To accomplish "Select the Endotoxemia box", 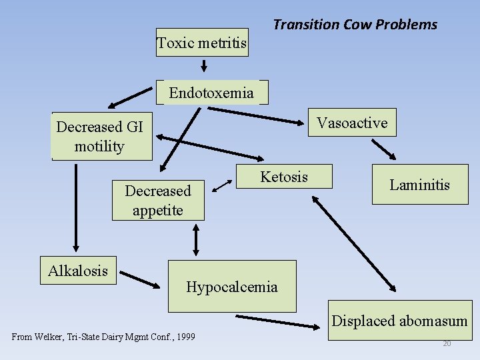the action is [212, 93].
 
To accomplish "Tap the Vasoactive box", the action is [352, 123].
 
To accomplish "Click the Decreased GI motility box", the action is [101, 137].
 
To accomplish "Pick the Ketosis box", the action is [285, 177].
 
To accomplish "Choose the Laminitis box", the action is [420, 185].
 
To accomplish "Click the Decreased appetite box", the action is [158, 200].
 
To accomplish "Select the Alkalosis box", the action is [78, 271].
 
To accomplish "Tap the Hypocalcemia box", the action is [231, 287].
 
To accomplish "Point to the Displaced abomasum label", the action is [399, 321].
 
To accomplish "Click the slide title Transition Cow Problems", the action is [355, 25].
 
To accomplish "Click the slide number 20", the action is [447, 343].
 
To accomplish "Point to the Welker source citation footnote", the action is [103, 337].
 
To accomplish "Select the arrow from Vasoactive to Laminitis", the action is [383, 148].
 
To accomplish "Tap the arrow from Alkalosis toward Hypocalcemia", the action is [139, 279].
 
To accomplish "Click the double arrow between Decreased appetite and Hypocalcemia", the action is [196, 239].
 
